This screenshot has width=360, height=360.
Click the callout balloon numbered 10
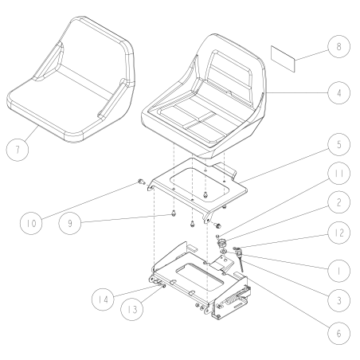point(29,225)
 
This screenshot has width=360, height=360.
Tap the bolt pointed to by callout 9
point(172,214)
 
